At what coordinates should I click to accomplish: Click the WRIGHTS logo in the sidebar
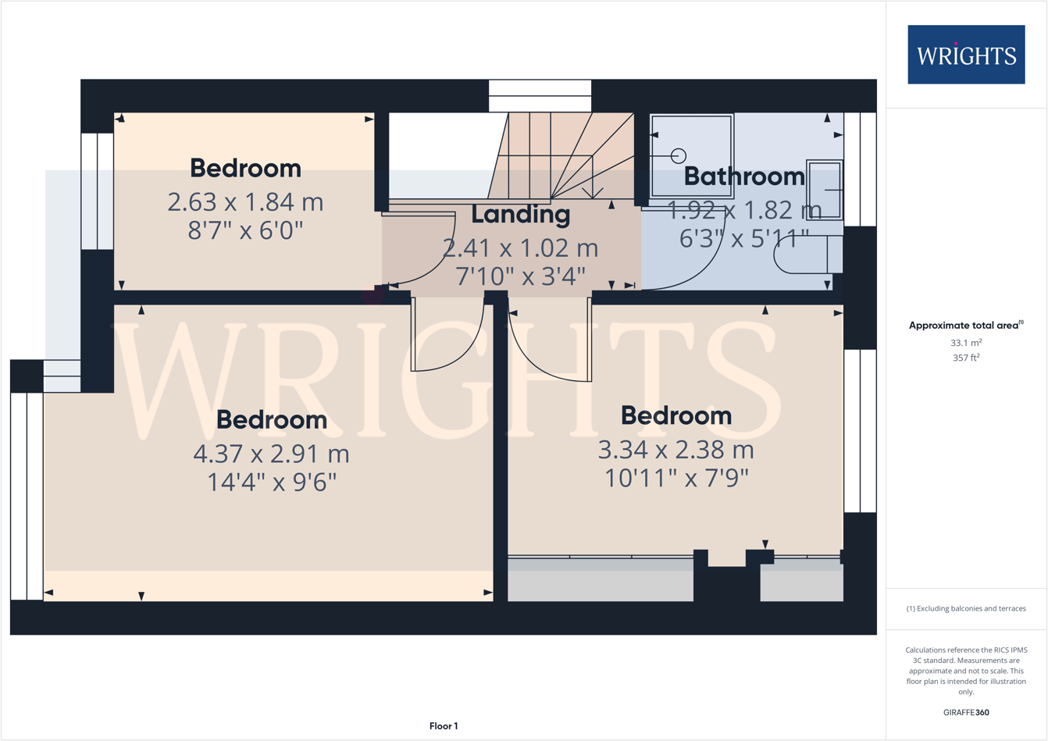(x=966, y=55)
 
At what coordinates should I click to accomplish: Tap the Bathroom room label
(x=743, y=176)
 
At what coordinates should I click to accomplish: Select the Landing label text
(x=520, y=214)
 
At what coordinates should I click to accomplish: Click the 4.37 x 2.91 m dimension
(x=271, y=454)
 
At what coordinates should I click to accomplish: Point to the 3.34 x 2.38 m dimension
(x=675, y=450)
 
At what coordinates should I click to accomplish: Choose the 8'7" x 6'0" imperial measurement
(x=245, y=231)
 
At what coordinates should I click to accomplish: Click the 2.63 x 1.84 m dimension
(x=245, y=202)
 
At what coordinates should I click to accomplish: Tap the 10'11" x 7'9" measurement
(x=676, y=478)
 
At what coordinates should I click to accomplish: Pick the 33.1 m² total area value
(x=966, y=343)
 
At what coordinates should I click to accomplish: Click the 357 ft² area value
(x=966, y=358)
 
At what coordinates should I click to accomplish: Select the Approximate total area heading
(x=965, y=326)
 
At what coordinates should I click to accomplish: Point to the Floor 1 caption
(x=444, y=726)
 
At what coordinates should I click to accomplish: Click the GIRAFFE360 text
(x=966, y=712)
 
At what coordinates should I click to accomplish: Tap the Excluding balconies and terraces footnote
(x=966, y=608)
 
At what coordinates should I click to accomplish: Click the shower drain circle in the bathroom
(x=679, y=156)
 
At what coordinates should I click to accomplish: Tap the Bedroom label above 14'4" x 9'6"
(x=271, y=419)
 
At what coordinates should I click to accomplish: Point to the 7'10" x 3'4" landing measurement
(x=520, y=276)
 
